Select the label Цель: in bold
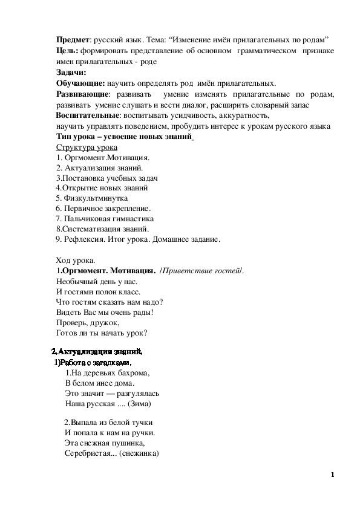[66, 50]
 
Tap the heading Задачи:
[71, 72]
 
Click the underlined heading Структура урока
[87, 148]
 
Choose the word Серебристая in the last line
[87, 453]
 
